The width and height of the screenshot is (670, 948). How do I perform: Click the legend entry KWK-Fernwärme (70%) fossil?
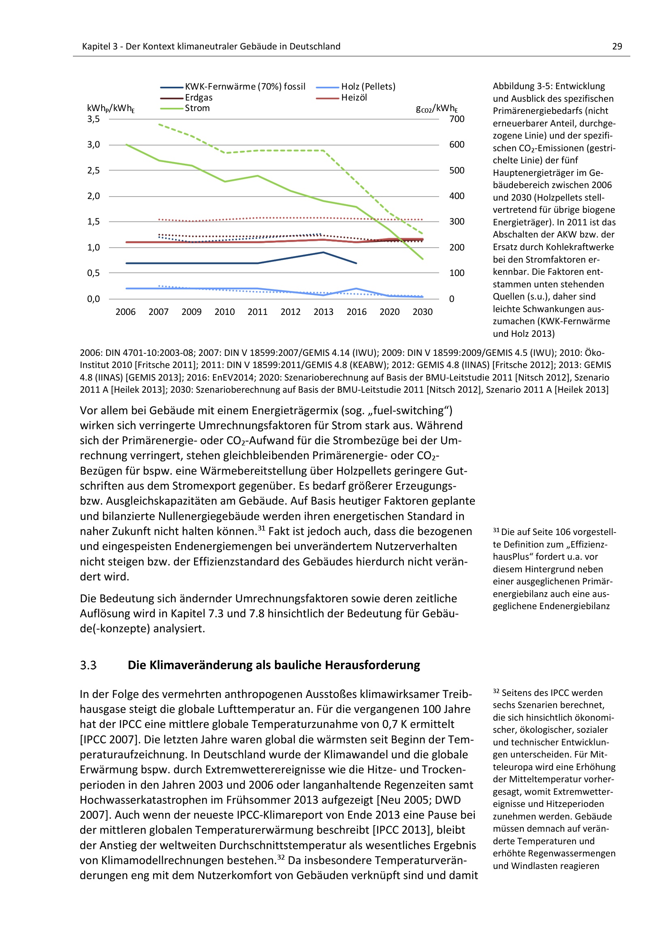(x=245, y=87)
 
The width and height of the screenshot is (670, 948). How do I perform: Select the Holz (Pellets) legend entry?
(x=368, y=87)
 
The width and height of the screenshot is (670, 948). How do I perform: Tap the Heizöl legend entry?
(x=354, y=98)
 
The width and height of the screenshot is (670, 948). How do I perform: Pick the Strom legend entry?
(x=197, y=108)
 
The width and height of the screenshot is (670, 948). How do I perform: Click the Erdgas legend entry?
(x=199, y=98)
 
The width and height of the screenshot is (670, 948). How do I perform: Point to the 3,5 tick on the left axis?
(x=94, y=119)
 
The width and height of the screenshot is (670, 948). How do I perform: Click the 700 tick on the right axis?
(x=457, y=119)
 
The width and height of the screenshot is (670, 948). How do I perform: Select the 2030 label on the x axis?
(x=422, y=312)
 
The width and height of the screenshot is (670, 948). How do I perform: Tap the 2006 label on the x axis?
(x=126, y=312)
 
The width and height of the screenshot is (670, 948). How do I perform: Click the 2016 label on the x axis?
(x=356, y=312)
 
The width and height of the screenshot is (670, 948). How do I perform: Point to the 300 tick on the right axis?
(x=457, y=222)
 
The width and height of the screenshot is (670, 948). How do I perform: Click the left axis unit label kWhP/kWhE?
(x=111, y=109)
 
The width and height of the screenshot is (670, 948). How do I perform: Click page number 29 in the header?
(x=617, y=47)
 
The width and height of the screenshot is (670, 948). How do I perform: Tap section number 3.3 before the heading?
(x=88, y=665)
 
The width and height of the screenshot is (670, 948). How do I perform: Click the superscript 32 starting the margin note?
(x=496, y=691)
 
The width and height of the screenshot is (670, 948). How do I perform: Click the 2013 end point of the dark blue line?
(x=323, y=252)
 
